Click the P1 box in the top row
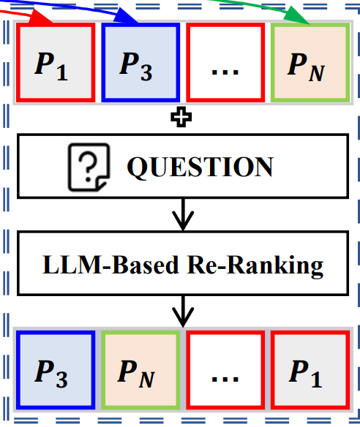coord(56,63)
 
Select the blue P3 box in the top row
coord(140,63)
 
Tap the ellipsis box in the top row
coord(225,63)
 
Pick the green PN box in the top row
coord(310,63)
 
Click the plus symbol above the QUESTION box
coord(181,117)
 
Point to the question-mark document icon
coord(89,167)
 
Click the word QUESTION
coord(200,167)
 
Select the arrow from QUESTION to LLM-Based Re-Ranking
coord(183,214)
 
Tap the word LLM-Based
coord(110,265)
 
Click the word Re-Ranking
coord(255,266)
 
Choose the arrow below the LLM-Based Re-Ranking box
coord(183,311)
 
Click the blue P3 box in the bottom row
coord(56,370)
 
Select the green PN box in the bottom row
coord(140,370)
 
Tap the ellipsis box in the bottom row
coord(225,370)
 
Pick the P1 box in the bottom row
coord(310,370)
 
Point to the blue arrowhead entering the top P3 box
coord(126,16)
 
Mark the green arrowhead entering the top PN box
coord(296,16)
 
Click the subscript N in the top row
coord(317,73)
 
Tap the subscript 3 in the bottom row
coord(62,379)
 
